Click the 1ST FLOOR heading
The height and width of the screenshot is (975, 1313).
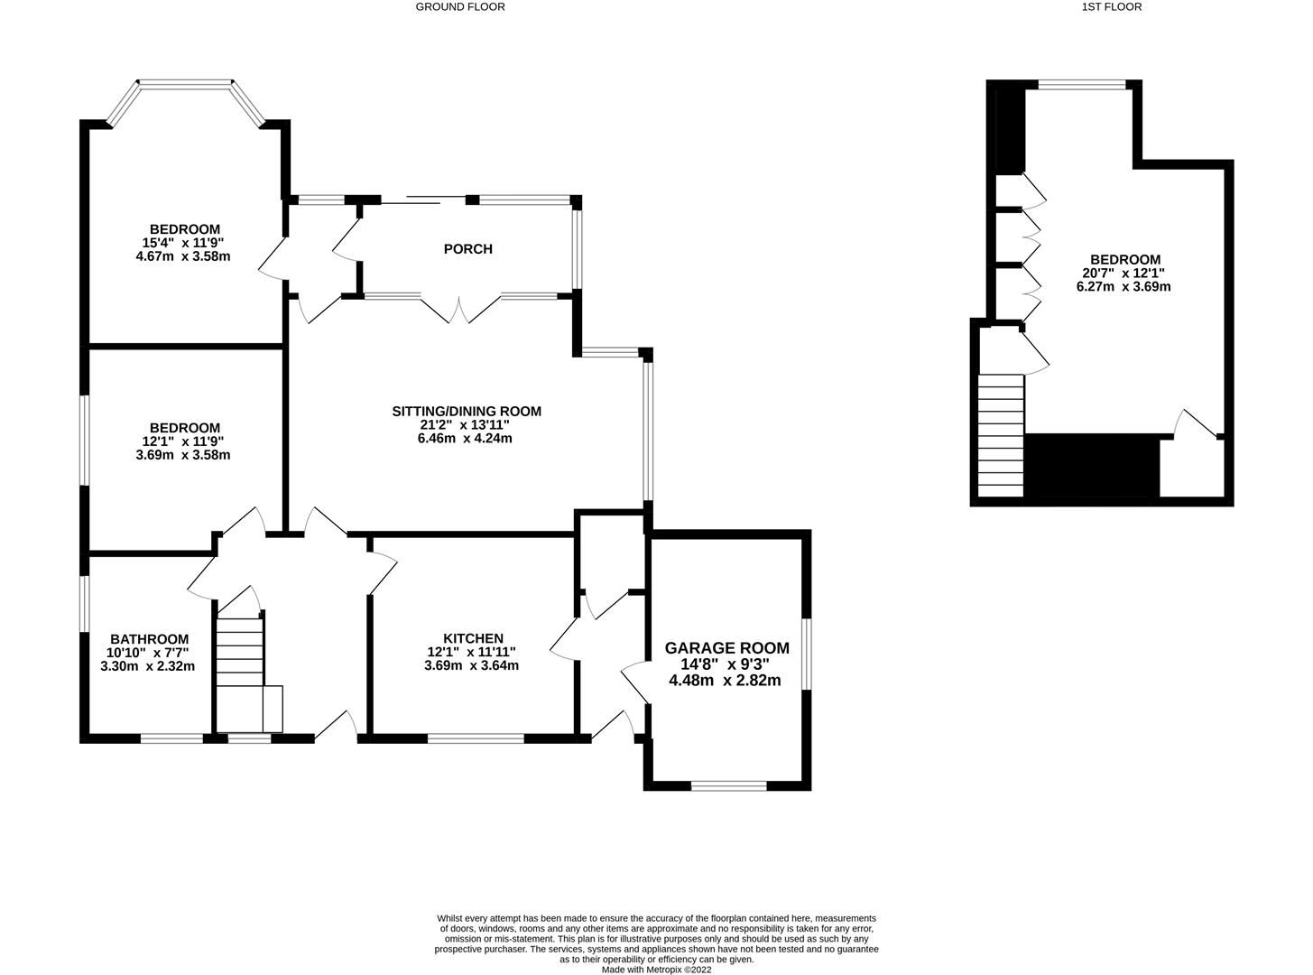click(x=1111, y=6)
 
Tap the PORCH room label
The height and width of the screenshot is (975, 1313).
click(x=467, y=249)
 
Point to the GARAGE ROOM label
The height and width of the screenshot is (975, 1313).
click(x=726, y=648)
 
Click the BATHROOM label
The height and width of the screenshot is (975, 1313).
click(x=149, y=639)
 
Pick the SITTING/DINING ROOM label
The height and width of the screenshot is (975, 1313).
click(x=466, y=412)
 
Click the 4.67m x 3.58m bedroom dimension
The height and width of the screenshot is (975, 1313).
click(x=184, y=256)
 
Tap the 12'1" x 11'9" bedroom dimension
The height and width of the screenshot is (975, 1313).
click(x=184, y=441)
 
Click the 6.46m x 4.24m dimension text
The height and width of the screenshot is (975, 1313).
click(x=466, y=439)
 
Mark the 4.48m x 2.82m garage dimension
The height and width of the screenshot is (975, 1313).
click(x=725, y=681)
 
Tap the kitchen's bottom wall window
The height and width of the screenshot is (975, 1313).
click(x=476, y=738)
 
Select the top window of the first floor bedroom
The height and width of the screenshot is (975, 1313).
click(x=1082, y=86)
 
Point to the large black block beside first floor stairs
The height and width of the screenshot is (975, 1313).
click(x=1093, y=466)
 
